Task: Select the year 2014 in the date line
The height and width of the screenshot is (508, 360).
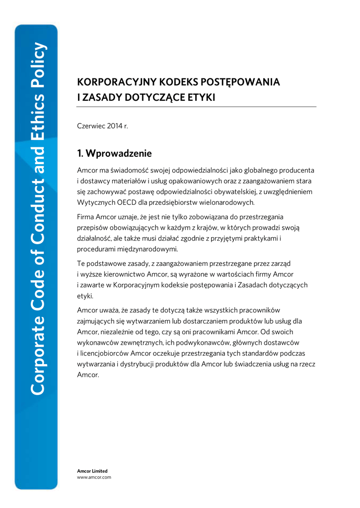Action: pos(114,126)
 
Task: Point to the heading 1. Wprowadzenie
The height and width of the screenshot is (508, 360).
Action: pos(114,153)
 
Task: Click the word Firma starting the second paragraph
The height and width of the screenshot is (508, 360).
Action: pos(86,217)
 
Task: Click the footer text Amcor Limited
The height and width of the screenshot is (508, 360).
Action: pos(92,471)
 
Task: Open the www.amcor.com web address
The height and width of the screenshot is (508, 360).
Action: pos(94,477)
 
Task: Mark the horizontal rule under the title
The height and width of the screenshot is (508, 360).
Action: pos(196,107)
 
